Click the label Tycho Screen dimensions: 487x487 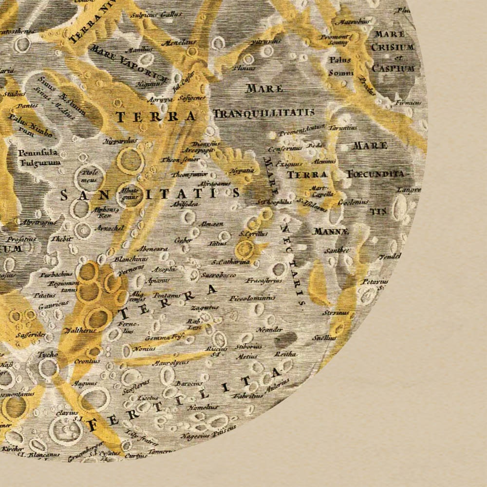pos(47,354)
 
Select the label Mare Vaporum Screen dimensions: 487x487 pos(129,64)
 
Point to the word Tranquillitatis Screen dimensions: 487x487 pos(263,113)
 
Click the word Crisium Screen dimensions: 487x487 pos(392,47)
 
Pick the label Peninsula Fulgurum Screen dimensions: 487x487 pos(39,157)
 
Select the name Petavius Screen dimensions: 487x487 pos(374,281)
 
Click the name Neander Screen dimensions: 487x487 pos(269,330)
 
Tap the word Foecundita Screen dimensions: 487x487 pos(375,173)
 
